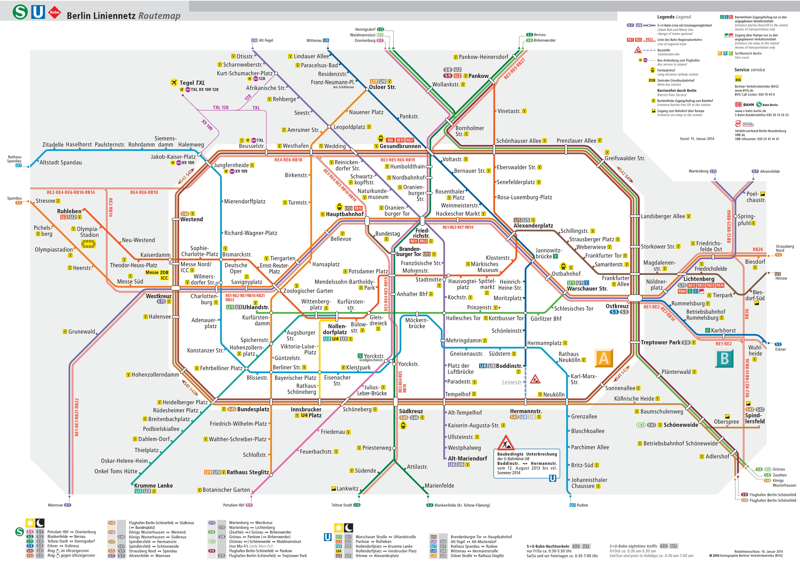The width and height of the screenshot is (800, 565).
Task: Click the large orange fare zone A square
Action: pos(604,358)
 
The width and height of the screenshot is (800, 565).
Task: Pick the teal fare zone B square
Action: pos(724,358)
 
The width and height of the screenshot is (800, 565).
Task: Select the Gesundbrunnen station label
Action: pos(400,146)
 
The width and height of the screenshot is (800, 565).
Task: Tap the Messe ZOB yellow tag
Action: pos(157,273)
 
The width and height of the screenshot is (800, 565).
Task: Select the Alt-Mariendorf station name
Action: pos(467,458)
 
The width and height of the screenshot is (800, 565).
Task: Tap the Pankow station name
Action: pos(478,76)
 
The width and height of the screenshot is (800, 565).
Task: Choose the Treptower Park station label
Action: pos(660,343)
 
